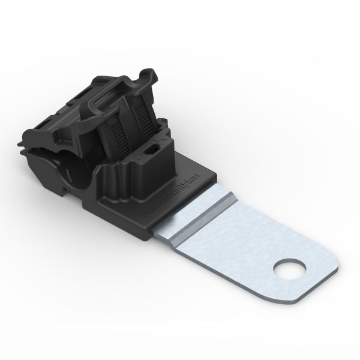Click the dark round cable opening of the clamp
coord(77,168)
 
